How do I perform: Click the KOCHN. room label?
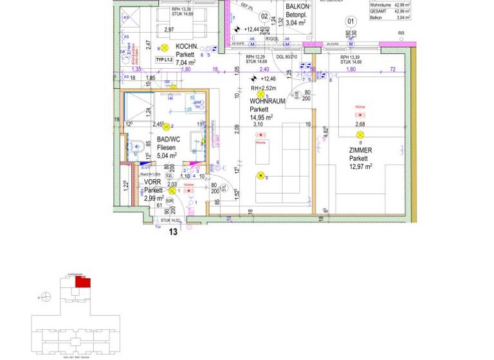click(186, 46)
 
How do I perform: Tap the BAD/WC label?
click(166, 138)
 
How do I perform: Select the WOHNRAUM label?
click(267, 102)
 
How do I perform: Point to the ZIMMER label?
click(360, 150)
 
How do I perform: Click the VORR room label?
click(152, 182)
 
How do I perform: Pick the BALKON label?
click(298, 6)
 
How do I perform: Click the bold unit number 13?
click(173, 232)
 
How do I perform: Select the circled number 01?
click(351, 21)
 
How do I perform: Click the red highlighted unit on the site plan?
click(83, 282)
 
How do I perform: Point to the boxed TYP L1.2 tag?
click(165, 60)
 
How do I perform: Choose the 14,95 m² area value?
click(261, 117)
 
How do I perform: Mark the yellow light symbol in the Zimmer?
click(360, 134)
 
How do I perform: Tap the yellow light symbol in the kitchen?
click(164, 48)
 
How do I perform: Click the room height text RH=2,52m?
click(263, 88)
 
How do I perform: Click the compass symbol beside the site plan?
click(45, 297)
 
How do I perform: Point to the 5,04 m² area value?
click(167, 155)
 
